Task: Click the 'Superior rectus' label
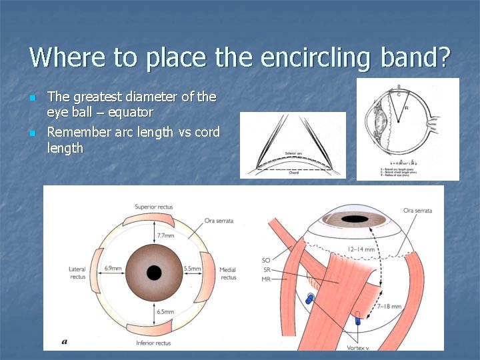pos(155,207)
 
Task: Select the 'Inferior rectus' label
pos(154,343)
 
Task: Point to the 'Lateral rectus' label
pos(77,273)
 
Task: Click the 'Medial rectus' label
pos(228,273)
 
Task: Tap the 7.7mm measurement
pos(166,235)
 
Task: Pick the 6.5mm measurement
pos(166,312)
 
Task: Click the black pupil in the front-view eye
pos(154,273)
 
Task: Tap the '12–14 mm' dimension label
pos(361,249)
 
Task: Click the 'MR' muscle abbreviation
pos(266,279)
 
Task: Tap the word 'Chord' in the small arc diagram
pos(293,171)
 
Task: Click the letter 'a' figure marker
pos(65,341)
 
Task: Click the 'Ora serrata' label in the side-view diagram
pos(417,211)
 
